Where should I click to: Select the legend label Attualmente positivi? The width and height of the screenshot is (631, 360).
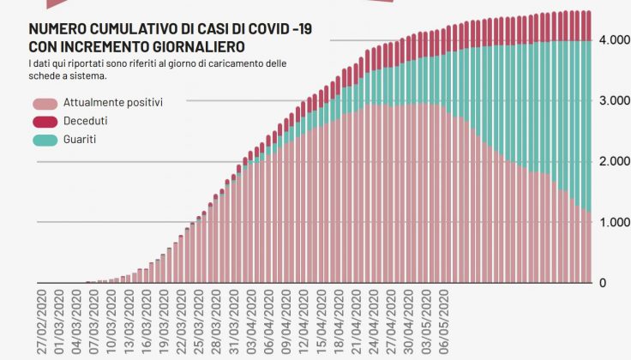tap(113, 102)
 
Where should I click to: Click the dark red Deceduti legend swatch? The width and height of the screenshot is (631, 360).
tap(44, 121)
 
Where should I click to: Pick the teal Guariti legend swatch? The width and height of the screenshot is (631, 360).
tap(44, 139)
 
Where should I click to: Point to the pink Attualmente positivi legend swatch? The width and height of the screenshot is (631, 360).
tap(44, 103)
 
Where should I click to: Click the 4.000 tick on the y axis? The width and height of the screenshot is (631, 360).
tap(615, 40)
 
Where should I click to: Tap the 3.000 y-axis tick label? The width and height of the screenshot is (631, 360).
tap(615, 101)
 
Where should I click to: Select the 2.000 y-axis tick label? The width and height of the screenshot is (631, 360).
tap(615, 162)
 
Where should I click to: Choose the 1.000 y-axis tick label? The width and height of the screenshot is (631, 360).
tap(615, 223)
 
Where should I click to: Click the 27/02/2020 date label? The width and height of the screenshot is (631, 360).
tap(42, 322)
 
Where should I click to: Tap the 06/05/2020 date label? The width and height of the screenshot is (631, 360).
tap(444, 322)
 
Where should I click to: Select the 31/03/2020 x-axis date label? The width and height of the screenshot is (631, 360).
tap(234, 322)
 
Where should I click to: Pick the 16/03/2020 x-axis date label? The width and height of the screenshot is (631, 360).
tap(147, 322)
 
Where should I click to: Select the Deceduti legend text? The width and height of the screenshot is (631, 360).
tap(86, 121)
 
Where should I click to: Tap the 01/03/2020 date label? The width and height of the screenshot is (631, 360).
tap(59, 322)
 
